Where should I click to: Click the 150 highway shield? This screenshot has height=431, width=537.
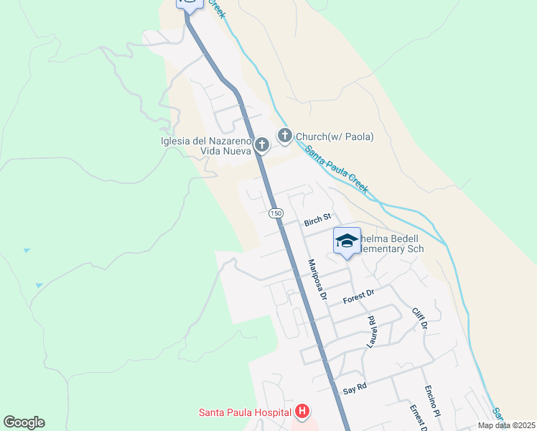pyautogui.click(x=276, y=213)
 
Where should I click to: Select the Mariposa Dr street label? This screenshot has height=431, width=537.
pyautogui.click(x=317, y=280)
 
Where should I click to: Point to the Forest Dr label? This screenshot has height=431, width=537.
pyautogui.click(x=360, y=294)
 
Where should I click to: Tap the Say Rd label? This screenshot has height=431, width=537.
pyautogui.click(x=355, y=389)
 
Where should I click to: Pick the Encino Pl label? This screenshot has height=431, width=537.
pyautogui.click(x=431, y=401)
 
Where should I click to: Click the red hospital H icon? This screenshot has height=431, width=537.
pyautogui.click(x=303, y=412)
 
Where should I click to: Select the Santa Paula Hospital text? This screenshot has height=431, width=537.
pyautogui.click(x=245, y=412)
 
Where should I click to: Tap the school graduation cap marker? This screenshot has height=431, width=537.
pyautogui.click(x=347, y=241)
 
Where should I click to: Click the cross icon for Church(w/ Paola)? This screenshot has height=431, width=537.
pyautogui.click(x=285, y=135)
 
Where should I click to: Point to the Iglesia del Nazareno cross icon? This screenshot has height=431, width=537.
pyautogui.click(x=262, y=145)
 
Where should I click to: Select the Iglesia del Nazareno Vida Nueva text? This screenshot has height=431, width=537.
pyautogui.click(x=206, y=146)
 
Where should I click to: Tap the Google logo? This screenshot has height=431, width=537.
pyautogui.click(x=24, y=422)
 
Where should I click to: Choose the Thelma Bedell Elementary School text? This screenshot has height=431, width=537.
pyautogui.click(x=391, y=244)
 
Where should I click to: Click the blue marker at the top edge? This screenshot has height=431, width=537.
pyautogui.click(x=187, y=4)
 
